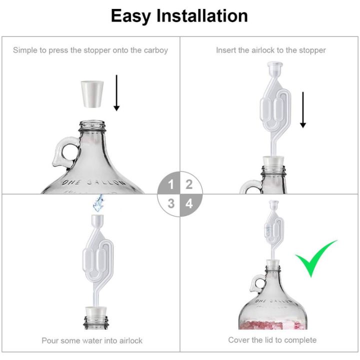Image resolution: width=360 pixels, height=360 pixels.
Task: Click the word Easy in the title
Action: [131, 16]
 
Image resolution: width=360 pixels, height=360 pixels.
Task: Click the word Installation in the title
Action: [202, 16]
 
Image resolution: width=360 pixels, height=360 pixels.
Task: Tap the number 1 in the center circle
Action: [171, 185]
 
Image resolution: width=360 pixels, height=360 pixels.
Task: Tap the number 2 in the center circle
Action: [189, 185]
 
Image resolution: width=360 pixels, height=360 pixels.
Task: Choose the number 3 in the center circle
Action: [171, 203]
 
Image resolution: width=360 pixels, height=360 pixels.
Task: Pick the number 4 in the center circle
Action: [189, 203]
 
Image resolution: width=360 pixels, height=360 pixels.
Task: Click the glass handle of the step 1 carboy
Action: [60, 152]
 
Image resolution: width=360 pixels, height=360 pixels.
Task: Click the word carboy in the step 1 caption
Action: [155, 50]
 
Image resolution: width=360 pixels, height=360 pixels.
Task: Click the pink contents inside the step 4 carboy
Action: [272, 320]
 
